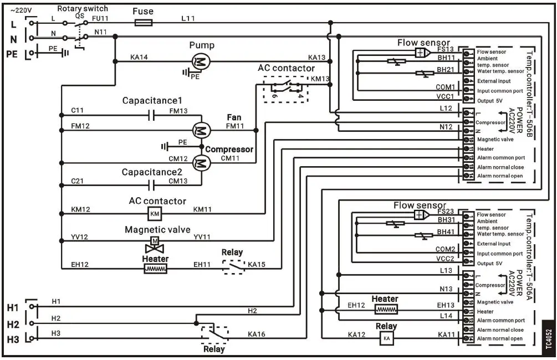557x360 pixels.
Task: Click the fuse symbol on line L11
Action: (144, 23)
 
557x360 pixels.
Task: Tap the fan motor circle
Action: (200, 131)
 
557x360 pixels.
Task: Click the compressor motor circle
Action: (200, 163)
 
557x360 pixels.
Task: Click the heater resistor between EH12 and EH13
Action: (386, 310)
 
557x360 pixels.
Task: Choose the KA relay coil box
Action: (386, 338)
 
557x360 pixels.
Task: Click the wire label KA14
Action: (139, 56)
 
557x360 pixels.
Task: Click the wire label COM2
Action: (444, 249)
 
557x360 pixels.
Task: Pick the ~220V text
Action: (21, 10)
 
